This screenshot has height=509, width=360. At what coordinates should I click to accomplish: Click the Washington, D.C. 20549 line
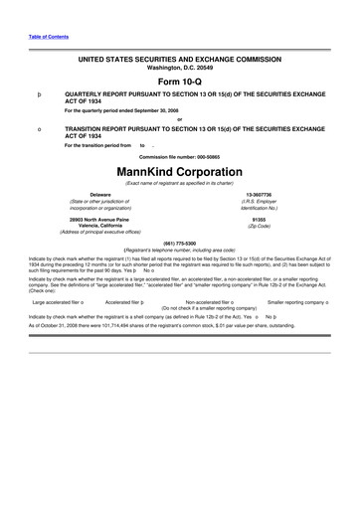180,69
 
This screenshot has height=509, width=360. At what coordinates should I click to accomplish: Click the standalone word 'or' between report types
180,120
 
